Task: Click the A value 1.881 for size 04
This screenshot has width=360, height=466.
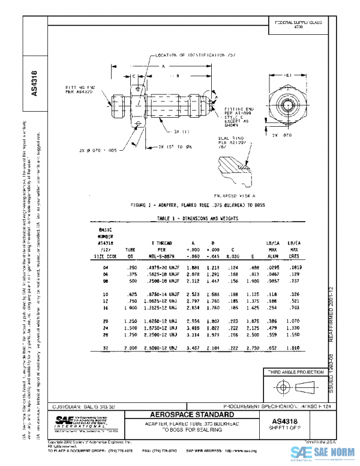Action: point(193,266)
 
